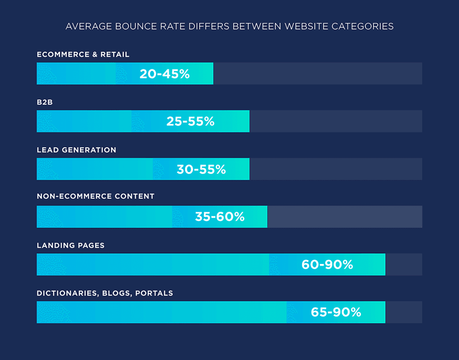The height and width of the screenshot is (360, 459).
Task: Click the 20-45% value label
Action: tap(164, 74)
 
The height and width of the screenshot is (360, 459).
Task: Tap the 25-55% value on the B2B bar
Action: tap(190, 121)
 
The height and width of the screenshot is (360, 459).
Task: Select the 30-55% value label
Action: tap(201, 169)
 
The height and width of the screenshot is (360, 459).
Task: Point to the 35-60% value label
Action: tap(219, 217)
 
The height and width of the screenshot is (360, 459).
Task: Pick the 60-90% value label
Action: tap(327, 264)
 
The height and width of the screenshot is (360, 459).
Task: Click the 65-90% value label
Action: tap(336, 312)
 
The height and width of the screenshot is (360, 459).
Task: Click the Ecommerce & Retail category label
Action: tap(83, 55)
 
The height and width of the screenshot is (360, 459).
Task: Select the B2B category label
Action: tap(45, 102)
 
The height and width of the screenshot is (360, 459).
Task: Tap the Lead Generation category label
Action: tap(76, 150)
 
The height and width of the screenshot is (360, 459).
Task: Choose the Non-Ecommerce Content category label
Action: tap(96, 196)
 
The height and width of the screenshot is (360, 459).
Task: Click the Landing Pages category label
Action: tap(71, 245)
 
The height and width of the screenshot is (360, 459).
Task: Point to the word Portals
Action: tap(154, 293)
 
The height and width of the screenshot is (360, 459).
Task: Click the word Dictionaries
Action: tap(67, 293)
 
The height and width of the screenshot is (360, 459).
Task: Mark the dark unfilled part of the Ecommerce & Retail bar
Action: tap(317, 74)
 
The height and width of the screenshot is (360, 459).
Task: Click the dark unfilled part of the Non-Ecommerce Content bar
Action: tap(344, 217)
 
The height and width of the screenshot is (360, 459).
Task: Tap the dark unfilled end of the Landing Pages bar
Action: tap(404, 264)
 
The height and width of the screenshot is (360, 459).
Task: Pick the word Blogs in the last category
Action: tap(117, 293)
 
